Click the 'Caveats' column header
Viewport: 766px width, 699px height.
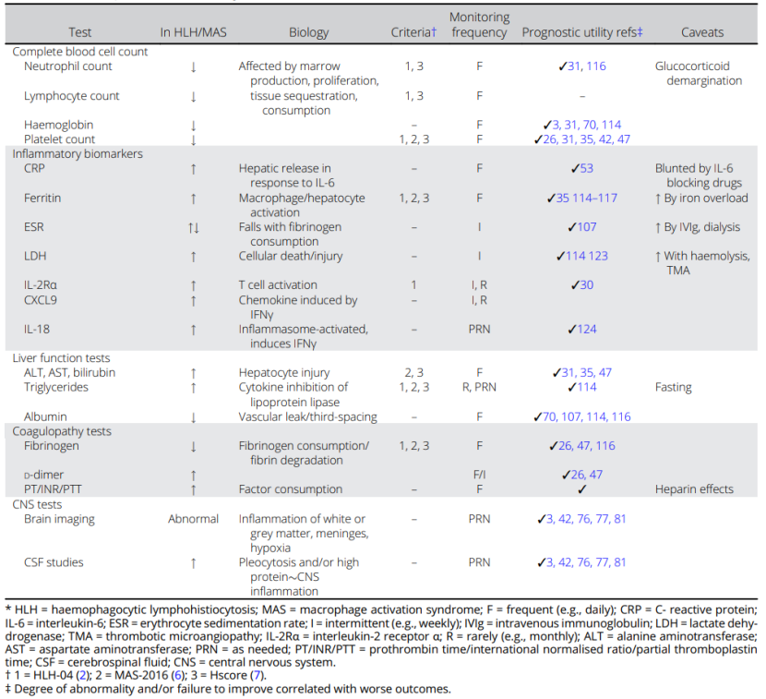(701, 32)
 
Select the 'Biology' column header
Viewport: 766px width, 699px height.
(307, 32)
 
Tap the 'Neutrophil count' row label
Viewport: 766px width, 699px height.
(68, 66)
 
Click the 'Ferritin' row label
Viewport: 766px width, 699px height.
(43, 198)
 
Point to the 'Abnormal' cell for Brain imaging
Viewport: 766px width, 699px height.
(193, 519)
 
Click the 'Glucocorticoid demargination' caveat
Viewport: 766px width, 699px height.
(699, 74)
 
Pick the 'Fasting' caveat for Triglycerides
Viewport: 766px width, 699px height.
(674, 388)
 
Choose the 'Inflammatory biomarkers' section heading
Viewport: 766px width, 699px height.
(78, 154)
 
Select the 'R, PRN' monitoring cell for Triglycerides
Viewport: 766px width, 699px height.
(479, 388)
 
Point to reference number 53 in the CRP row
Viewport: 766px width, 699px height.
(587, 169)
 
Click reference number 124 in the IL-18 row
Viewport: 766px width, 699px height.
(587, 329)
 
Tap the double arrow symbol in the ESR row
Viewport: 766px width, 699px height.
(193, 227)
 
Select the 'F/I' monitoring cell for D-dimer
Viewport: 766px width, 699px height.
(479, 475)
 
